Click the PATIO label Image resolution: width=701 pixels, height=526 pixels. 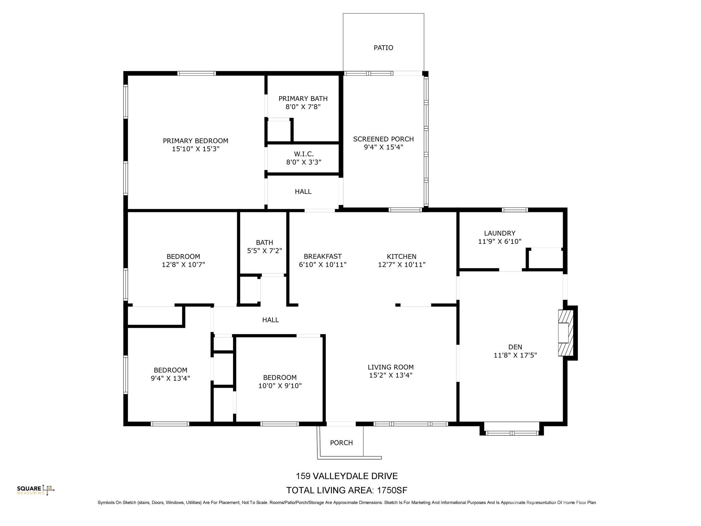click(383, 48)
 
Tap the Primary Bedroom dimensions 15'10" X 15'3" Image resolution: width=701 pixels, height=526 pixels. click(195, 149)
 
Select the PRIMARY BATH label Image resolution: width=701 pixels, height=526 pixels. click(303, 99)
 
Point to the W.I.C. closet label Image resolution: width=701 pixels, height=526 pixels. click(304, 154)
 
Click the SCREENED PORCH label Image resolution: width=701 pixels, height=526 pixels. click(383, 139)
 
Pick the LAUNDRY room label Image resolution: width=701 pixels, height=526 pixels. click(499, 233)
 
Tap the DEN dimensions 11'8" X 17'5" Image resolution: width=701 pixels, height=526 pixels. click(515, 355)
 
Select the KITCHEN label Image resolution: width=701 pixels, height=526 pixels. click(402, 256)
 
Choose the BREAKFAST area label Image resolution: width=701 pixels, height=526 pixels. click(322, 256)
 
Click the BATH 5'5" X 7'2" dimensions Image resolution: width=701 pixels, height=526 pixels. click(264, 251)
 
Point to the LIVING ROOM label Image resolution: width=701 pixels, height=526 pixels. click(391, 367)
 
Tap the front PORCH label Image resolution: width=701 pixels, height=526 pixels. click(341, 443)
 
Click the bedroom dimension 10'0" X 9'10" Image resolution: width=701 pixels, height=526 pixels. click(280, 386)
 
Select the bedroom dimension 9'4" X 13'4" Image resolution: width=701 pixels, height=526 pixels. click(170, 378)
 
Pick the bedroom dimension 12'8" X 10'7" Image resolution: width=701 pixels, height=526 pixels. click(183, 265)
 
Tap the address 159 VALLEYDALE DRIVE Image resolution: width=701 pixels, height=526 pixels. click(346, 476)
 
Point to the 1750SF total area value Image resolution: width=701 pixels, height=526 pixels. click(392, 490)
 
